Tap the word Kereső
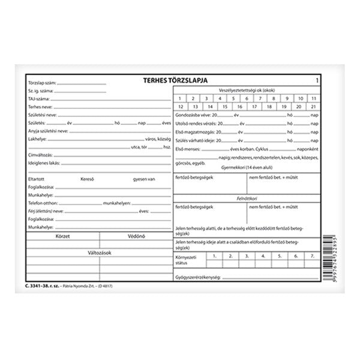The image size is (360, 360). (88, 178)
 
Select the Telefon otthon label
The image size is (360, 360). (42, 204)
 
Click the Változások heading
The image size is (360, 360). (100, 252)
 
